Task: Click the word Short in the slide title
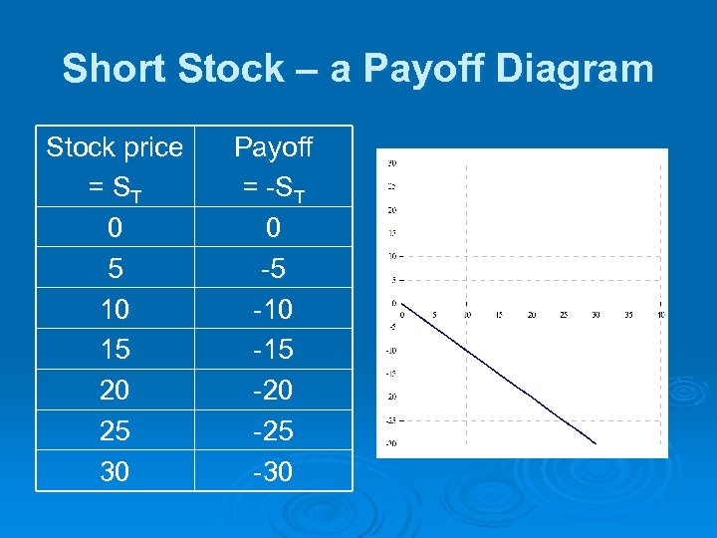coord(104,69)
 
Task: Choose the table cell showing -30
coord(273,471)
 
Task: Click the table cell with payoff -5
coord(273,269)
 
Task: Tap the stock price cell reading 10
coord(115,310)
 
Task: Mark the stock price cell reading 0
coord(115,228)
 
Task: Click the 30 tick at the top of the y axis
coord(392,162)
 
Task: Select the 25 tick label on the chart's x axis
coord(564,315)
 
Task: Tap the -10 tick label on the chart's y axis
coord(391,350)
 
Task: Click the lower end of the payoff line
coord(596,443)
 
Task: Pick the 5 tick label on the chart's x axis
coord(434,315)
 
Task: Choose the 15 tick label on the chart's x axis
coord(499,315)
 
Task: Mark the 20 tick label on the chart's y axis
coord(392,209)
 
